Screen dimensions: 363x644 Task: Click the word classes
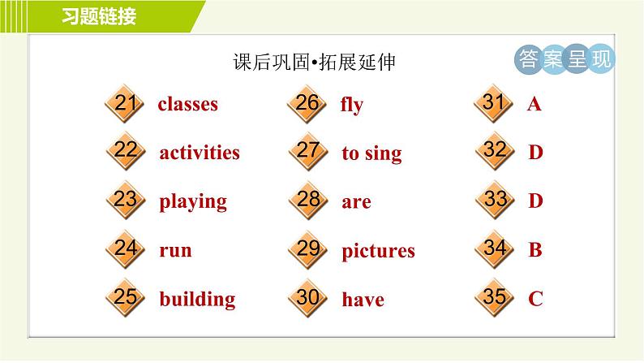[187, 104]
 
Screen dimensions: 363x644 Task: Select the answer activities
[200, 153]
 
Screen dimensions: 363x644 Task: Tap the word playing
[193, 201]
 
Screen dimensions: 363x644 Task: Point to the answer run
[175, 250]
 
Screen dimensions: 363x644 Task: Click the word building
[197, 299]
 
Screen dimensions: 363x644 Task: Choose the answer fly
[352, 105]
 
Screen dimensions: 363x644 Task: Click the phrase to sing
[371, 153]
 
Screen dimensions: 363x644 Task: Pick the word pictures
[378, 251]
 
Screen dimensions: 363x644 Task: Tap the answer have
[363, 300]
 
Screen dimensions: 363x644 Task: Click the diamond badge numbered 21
[125, 104]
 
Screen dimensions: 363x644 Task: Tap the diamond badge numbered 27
[307, 152]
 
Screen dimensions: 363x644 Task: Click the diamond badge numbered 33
[495, 200]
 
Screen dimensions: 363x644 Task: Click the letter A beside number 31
[534, 104]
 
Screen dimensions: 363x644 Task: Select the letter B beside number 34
[535, 250]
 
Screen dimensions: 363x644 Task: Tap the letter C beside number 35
[535, 299]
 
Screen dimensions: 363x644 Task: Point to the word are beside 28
[356, 202]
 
